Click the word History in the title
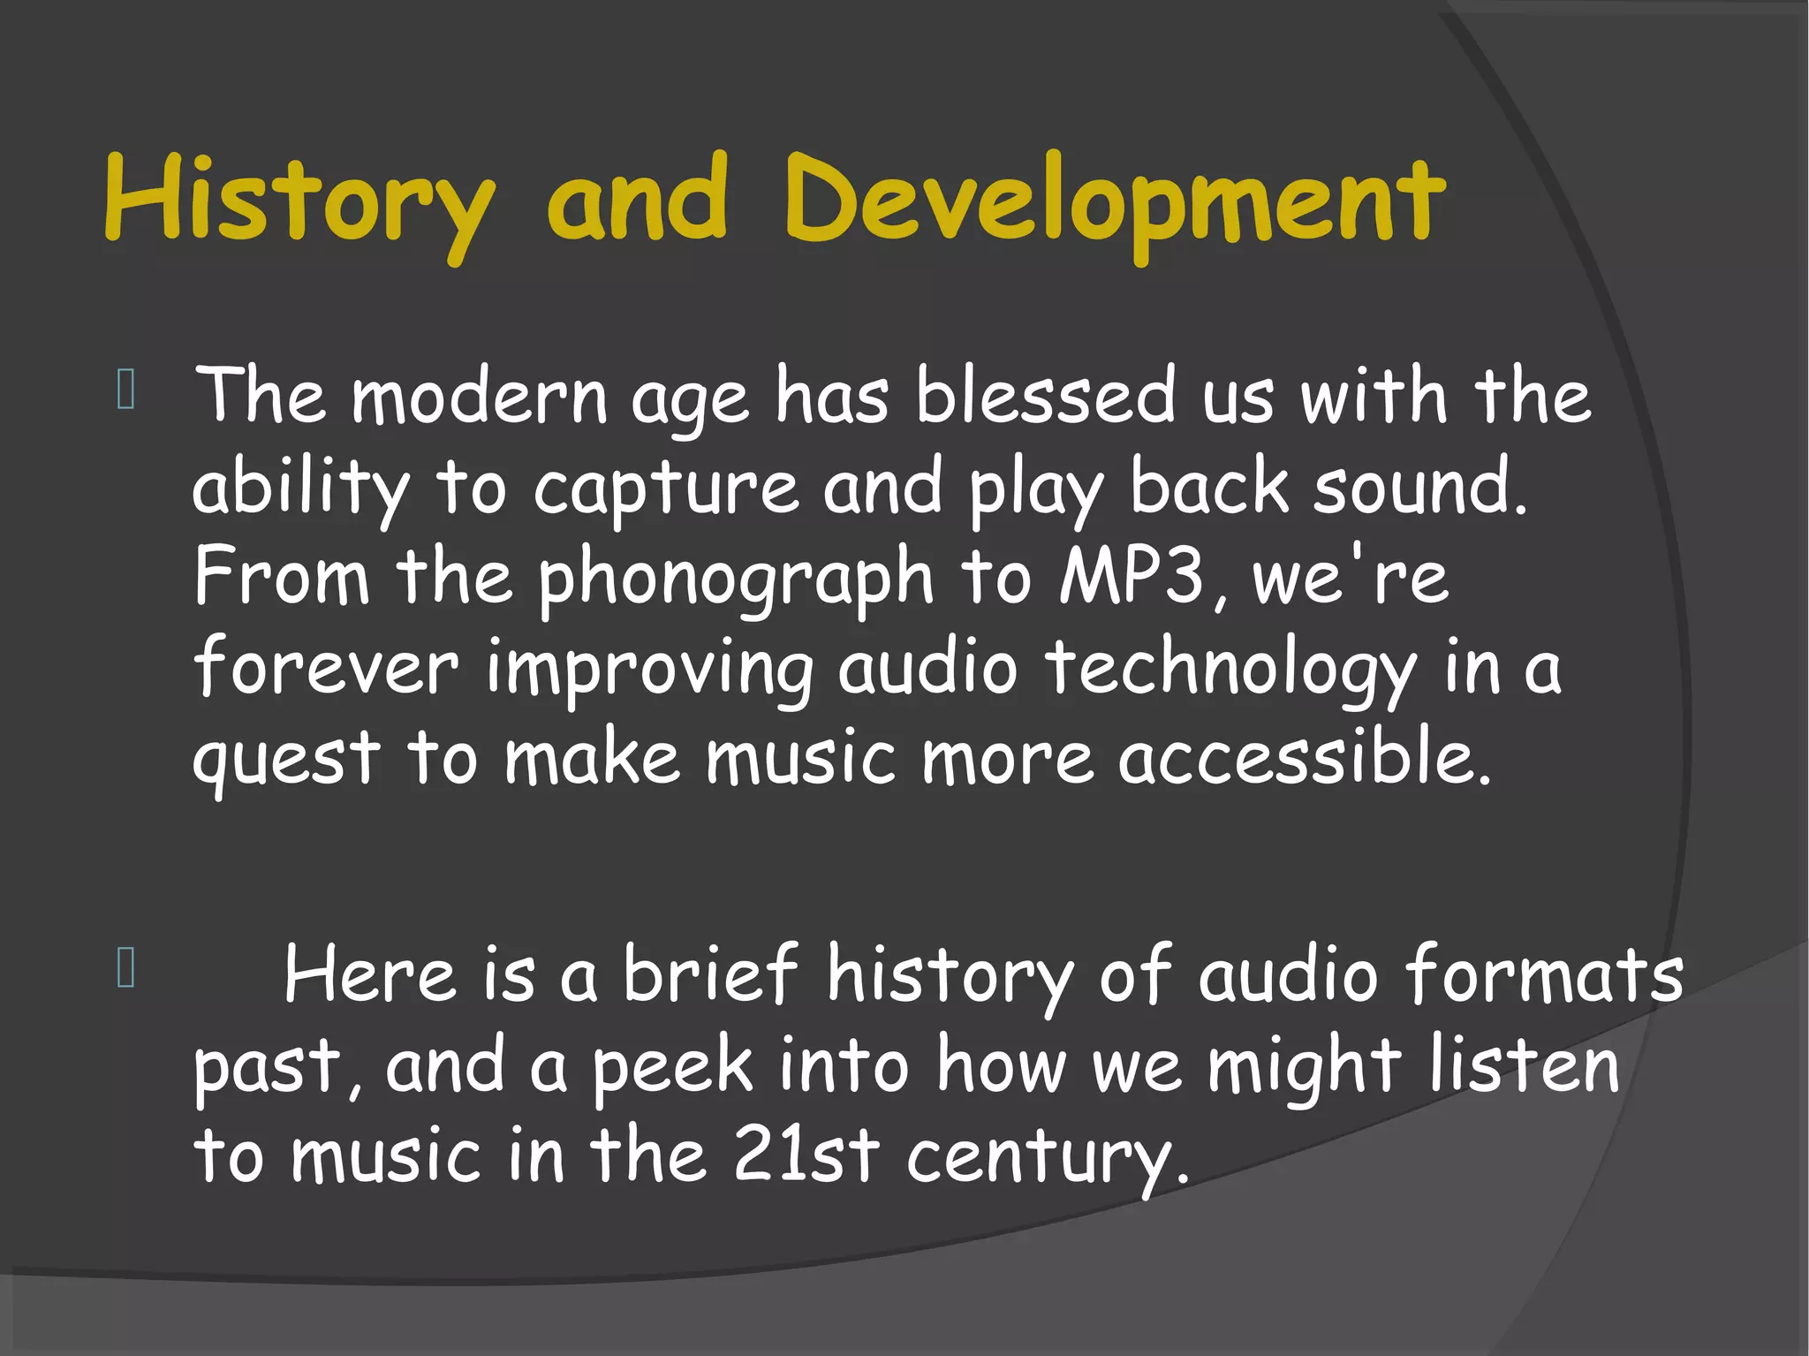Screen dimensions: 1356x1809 point(299,201)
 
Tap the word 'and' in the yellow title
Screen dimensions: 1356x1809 point(637,199)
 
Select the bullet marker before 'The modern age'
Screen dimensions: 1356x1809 point(125,390)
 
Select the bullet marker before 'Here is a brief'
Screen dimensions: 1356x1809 point(125,968)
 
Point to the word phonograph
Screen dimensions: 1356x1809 point(735,579)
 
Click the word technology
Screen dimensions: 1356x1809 point(1231,670)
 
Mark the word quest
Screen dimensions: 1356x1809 point(286,760)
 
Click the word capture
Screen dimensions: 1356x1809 point(666,488)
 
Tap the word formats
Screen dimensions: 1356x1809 point(1544,974)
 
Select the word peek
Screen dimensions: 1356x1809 point(673,1067)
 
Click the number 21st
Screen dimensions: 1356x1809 point(806,1155)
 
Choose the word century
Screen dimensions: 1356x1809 point(1047,1157)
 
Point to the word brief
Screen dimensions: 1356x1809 point(711,973)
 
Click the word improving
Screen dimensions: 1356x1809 point(649,670)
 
